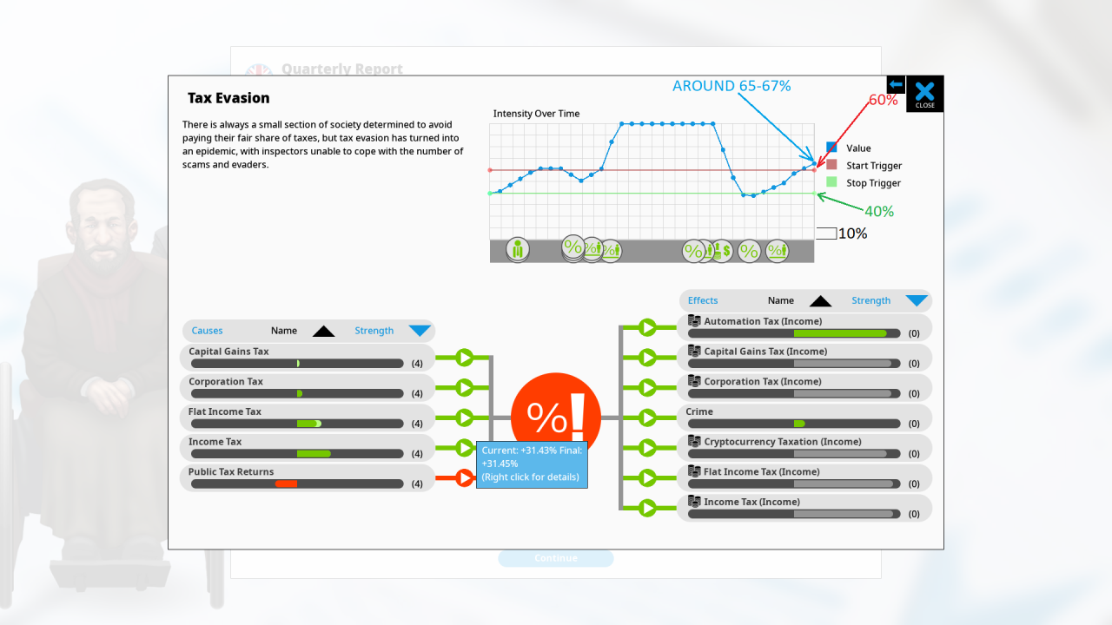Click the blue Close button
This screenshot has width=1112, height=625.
click(x=925, y=93)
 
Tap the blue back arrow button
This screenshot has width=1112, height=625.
click(x=896, y=84)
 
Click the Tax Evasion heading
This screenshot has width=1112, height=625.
click(x=228, y=98)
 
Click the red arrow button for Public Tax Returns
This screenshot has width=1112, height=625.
click(x=465, y=477)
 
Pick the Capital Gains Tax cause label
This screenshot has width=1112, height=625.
click(x=228, y=352)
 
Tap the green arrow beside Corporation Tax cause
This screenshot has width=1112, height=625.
click(x=465, y=387)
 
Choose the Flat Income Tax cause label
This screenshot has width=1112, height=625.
click(x=225, y=411)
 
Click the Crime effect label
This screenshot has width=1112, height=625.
click(x=699, y=411)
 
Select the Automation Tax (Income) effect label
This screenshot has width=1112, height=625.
click(x=763, y=321)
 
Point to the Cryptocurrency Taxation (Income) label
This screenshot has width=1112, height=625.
click(x=783, y=442)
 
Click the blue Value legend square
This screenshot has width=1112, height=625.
click(x=831, y=148)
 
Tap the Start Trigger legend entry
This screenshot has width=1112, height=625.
click(x=874, y=166)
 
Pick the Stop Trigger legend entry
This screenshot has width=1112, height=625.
click(x=873, y=183)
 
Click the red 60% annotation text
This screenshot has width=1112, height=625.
click(x=883, y=100)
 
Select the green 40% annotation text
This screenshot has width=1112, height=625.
click(x=879, y=211)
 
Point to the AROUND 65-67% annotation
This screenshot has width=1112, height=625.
click(x=731, y=86)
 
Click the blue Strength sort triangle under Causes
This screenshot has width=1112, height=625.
click(x=420, y=331)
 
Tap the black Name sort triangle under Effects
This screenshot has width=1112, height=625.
click(x=820, y=301)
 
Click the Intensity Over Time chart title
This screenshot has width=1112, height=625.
click(x=536, y=114)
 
